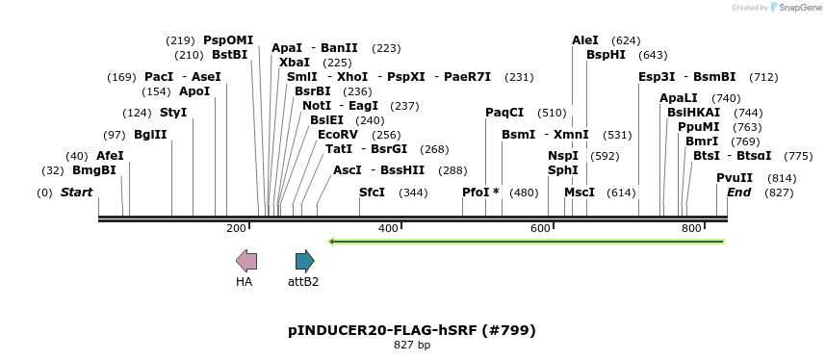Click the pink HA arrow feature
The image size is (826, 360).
click(x=246, y=260)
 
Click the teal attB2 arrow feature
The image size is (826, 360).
click(x=304, y=260)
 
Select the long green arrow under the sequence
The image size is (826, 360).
click(x=526, y=241)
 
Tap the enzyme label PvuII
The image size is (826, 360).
click(x=735, y=177)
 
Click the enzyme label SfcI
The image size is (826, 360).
click(x=372, y=193)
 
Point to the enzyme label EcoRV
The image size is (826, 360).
click(x=338, y=135)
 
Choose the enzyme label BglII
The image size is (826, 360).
click(x=150, y=135)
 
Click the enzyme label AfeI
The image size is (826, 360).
click(x=110, y=156)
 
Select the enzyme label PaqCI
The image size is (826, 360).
click(x=504, y=113)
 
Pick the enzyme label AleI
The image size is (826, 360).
click(x=585, y=40)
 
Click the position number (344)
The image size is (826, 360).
click(x=413, y=193)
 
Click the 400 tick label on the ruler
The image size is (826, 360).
click(x=388, y=228)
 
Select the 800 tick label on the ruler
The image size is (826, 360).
click(x=691, y=228)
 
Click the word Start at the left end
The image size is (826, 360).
click(x=76, y=193)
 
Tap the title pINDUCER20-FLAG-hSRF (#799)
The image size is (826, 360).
click(x=412, y=330)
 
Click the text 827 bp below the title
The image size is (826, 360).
click(x=412, y=345)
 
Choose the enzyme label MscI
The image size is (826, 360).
click(x=580, y=193)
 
